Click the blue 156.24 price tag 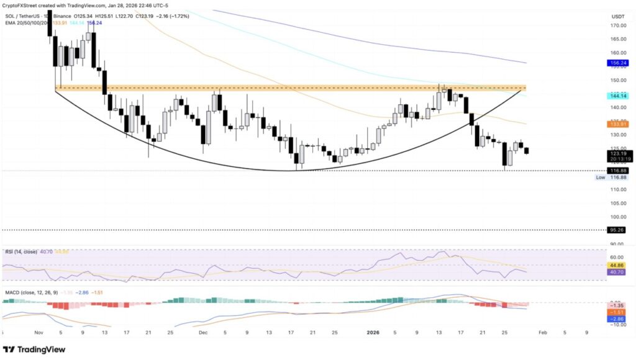click(616, 63)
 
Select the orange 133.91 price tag click(616, 124)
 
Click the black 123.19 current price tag click(616, 153)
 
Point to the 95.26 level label click(616, 230)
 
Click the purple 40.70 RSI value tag click(616, 271)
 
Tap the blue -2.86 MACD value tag click(616, 318)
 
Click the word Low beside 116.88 click(600, 178)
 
